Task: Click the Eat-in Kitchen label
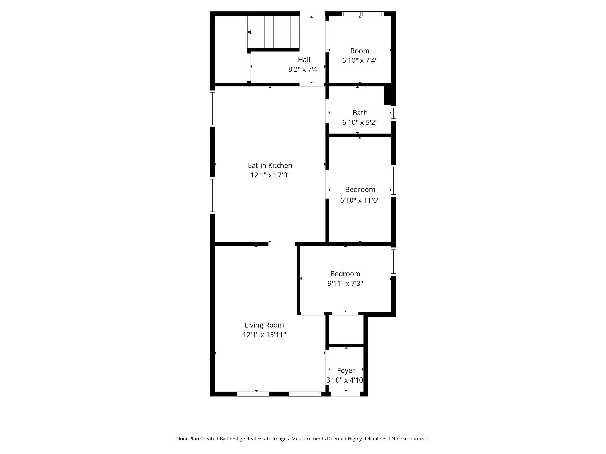[270, 165]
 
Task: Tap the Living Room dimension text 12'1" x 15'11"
[264, 335]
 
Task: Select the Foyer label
[346, 370]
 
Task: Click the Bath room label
[360, 113]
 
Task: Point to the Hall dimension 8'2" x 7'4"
[304, 69]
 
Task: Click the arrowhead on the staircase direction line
[249, 32]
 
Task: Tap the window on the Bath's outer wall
[393, 113]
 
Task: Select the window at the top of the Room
[362, 14]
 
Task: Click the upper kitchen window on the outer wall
[212, 109]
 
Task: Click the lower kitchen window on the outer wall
[212, 195]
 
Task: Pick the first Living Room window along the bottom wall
[253, 394]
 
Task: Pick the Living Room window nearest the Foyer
[305, 394]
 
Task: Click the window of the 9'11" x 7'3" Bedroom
[393, 261]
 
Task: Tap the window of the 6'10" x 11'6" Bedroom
[393, 181]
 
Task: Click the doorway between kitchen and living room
[281, 244]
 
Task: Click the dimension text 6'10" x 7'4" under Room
[360, 60]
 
